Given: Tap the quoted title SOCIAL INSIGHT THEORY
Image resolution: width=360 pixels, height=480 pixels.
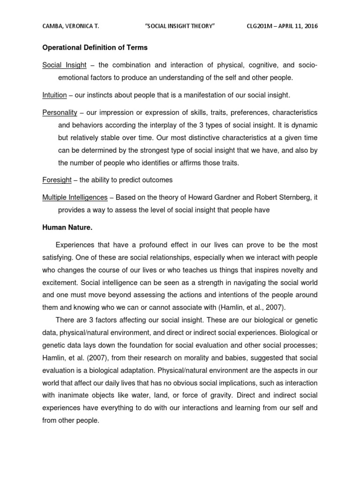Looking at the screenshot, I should pyautogui.click(x=180, y=26).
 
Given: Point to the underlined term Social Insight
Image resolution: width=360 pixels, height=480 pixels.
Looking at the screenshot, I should pyautogui.click(x=64, y=65).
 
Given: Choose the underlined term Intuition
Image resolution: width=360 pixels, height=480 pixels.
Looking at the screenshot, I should pyautogui.click(x=54, y=95).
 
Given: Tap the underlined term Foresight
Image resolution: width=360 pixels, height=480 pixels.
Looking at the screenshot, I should pyautogui.click(x=57, y=180).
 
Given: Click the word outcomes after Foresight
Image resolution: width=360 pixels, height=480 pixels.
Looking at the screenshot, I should pyautogui.click(x=157, y=180).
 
